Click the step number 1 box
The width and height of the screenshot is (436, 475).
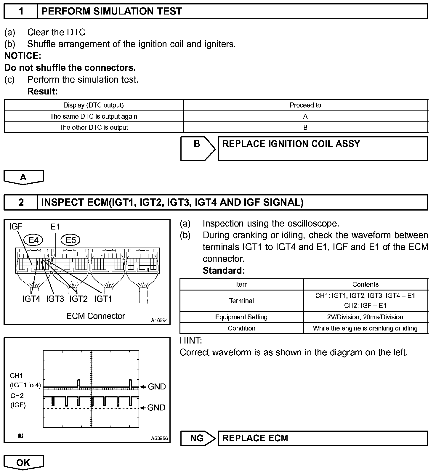(21, 12)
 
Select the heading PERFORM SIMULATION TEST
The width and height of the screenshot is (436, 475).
(112, 12)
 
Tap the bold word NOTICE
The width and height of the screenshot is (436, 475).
(23, 56)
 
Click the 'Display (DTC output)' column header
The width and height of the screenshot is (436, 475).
(94, 105)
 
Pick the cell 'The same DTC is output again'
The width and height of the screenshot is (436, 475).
(94, 116)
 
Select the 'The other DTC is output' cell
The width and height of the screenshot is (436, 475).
(94, 128)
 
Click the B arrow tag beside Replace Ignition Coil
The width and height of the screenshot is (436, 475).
(197, 148)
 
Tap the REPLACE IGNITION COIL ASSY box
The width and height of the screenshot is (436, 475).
(323, 148)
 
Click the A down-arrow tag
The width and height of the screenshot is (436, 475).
(23, 177)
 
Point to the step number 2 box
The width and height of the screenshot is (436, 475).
(21, 202)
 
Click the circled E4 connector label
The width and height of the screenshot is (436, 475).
(33, 240)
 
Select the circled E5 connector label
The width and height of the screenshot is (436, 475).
(71, 240)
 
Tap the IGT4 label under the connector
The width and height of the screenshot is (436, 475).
(31, 299)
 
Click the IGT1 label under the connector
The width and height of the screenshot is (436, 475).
(103, 299)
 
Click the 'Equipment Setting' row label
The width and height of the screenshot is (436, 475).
(241, 317)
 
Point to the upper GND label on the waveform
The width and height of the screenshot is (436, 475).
(157, 386)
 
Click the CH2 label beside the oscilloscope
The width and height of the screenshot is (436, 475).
(17, 396)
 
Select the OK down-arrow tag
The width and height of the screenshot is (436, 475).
(23, 463)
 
